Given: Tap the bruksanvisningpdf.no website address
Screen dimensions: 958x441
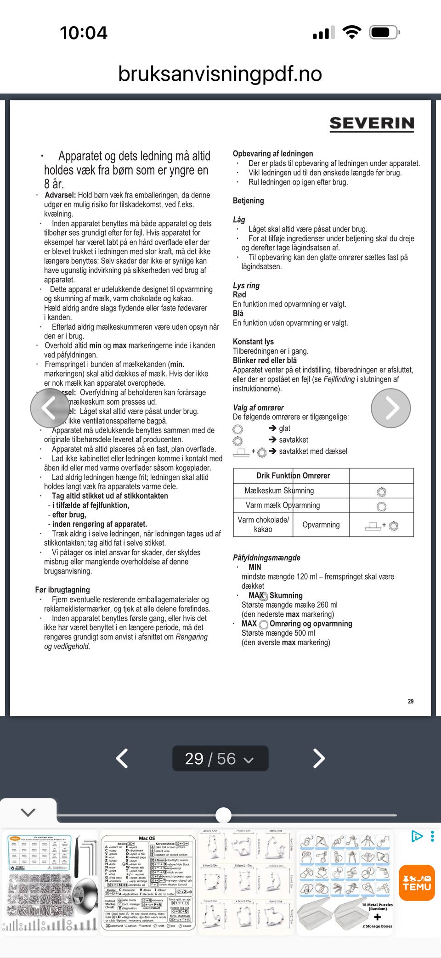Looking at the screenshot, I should coord(220,73).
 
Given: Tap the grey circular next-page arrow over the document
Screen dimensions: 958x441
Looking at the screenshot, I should coord(390,408).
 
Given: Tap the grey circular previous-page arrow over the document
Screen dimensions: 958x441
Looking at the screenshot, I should coord(50,408).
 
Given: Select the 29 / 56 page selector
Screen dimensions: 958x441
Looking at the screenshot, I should coord(220,758).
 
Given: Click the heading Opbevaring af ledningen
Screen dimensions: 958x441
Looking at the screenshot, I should coord(273,154).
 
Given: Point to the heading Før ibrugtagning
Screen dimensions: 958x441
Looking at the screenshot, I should coord(62,590).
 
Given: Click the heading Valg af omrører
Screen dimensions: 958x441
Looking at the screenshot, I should coord(258,407).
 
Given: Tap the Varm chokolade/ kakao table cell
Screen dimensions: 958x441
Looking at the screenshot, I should coord(263,524).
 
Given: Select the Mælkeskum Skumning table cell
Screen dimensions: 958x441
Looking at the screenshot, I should coord(279,490).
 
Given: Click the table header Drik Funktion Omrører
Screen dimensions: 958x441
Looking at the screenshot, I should coord(293,475).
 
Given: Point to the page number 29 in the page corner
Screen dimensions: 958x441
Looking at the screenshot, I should coord(411,701).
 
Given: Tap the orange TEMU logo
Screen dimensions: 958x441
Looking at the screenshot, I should coord(417,883).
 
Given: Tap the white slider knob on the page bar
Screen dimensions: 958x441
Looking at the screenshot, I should coord(224,815).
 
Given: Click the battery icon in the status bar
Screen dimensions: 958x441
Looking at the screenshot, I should coord(384,33).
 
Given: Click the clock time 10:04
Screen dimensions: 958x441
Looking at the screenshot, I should coord(84,33).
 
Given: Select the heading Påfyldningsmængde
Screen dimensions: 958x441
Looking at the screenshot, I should coord(266,558).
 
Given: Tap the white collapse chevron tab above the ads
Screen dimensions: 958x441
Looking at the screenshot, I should coord(28,812).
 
